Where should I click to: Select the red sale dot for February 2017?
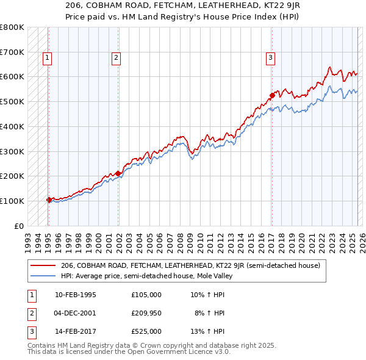pyautogui.click(x=272, y=95)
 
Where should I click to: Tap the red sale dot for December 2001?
pyautogui.click(x=118, y=173)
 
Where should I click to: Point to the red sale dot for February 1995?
pyautogui.click(x=49, y=200)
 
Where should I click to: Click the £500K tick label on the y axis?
pyautogui.click(x=12, y=101)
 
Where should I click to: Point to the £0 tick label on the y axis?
pyautogui.click(x=20, y=226)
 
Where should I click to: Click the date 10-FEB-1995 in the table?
pyautogui.click(x=76, y=295)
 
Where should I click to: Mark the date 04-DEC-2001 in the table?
pyautogui.click(x=76, y=313)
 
